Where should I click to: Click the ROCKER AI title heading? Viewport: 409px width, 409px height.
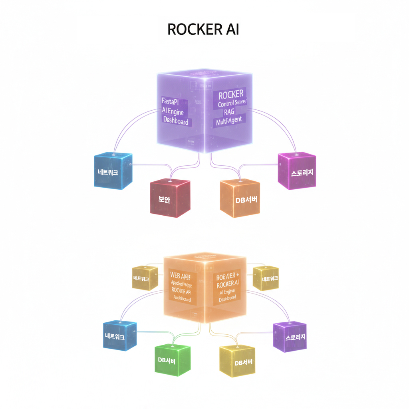click(203, 30)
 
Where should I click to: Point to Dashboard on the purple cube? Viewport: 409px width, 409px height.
click(175, 121)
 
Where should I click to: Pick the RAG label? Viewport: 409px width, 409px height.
click(230, 112)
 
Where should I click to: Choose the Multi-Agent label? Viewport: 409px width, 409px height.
click(229, 120)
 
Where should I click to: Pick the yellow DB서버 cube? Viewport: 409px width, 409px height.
click(237, 362)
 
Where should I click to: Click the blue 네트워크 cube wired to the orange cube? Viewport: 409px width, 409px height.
click(119, 337)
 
